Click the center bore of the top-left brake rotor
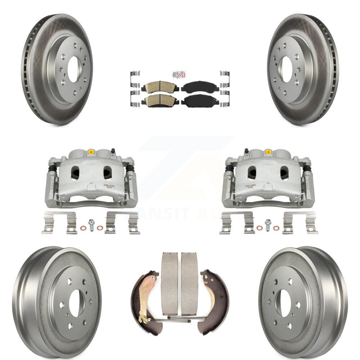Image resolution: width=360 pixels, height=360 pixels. [x=73, y=69]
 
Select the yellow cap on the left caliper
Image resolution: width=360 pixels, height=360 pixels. [x=91, y=151]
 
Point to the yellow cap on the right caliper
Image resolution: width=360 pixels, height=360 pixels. [x=268, y=151]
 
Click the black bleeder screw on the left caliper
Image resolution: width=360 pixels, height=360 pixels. [x=113, y=151]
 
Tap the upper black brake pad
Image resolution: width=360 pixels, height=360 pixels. [x=200, y=87]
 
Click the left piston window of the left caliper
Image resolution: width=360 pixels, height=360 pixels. [x=75, y=174]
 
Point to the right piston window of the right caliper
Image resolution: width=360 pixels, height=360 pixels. [x=284, y=173]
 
